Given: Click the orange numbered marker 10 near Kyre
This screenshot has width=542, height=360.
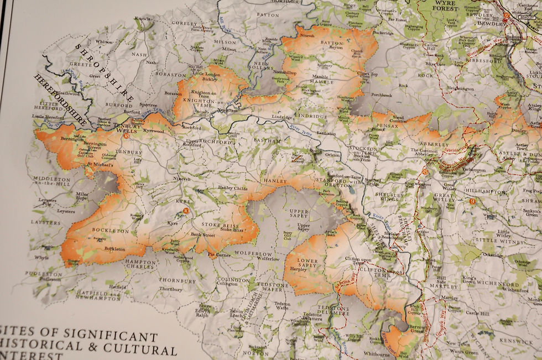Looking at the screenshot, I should [x=186, y=210].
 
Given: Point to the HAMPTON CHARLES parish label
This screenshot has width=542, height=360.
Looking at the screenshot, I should [x=140, y=264].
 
